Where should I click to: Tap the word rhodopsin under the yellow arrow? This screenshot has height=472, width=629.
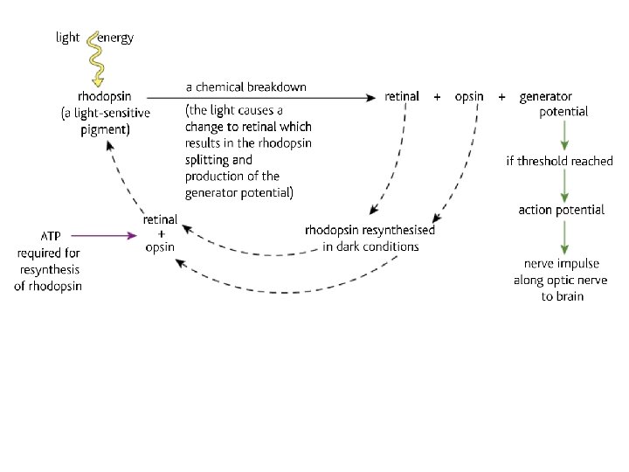[105, 96]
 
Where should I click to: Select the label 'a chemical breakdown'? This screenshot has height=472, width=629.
[246, 87]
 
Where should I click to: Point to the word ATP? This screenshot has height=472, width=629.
[51, 236]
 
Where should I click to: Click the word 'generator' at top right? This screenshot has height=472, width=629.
[546, 96]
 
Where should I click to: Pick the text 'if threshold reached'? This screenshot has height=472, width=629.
[559, 161]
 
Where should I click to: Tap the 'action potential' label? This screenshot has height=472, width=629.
[561, 210]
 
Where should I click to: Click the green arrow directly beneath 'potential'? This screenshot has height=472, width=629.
[563, 135]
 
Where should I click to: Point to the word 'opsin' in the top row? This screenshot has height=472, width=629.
[469, 96]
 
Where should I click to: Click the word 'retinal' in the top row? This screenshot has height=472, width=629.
[402, 96]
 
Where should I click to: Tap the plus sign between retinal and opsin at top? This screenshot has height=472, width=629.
[437, 97]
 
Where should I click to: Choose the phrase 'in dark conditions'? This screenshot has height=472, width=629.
[370, 246]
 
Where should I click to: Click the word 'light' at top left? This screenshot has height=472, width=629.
[67, 38]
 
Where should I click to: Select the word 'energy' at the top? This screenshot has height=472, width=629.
[117, 38]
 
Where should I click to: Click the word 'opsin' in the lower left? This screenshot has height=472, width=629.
[160, 247]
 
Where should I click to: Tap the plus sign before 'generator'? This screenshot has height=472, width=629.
[501, 97]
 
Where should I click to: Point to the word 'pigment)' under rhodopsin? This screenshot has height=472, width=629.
[105, 129]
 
